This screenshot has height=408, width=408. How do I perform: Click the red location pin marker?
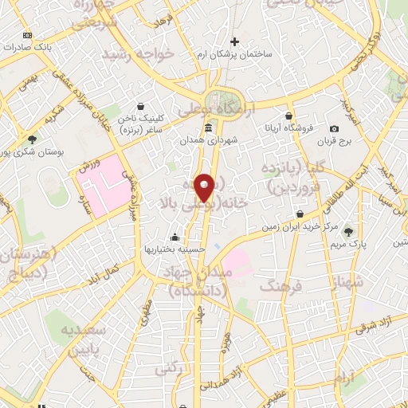click(205, 188)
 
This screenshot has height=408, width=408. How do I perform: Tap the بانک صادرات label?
click(49, 47)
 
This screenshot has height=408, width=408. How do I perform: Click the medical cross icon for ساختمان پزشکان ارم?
click(233, 41)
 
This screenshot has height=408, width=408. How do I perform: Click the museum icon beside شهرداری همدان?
click(208, 127)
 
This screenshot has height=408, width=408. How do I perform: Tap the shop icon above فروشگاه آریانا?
click(289, 116)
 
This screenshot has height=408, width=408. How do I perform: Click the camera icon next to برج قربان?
click(334, 129)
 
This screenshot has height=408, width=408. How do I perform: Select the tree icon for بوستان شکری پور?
click(32, 139)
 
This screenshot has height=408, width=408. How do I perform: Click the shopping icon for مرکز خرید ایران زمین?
click(300, 214)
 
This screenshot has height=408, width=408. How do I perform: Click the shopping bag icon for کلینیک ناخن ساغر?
click(140, 105)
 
